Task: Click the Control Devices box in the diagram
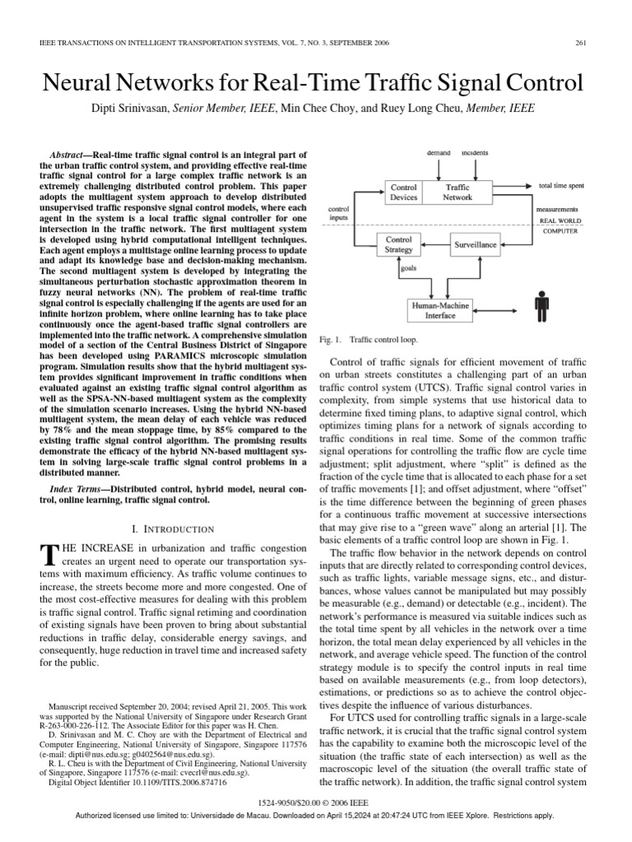[x=403, y=192]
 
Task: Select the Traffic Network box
[x=458, y=192]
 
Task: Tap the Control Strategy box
[x=399, y=244]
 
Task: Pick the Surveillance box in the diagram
[x=475, y=244]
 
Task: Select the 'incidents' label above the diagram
[x=475, y=154]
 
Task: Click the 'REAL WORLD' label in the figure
[x=564, y=221]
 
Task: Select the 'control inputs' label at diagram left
[x=338, y=213]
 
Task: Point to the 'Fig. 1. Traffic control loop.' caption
[x=367, y=339]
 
